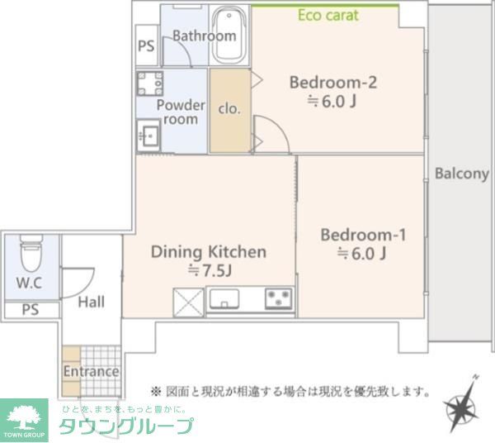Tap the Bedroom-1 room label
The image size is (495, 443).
coord(363,235)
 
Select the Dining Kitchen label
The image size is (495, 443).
coord(208,251)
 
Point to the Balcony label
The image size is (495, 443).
coord(461,174)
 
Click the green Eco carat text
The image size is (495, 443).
coord(328,15)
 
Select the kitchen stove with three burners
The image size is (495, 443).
coord(280,298)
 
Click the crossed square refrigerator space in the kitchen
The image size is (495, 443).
coord(188,302)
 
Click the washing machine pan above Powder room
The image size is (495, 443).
coord(149,84)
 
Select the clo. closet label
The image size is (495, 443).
coord(229,107)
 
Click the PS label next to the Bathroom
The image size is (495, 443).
coord(146,47)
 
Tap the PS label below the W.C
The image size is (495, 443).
coord(30,311)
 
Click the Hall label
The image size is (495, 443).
coord(91,302)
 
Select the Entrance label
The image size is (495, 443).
coord(91,371)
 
